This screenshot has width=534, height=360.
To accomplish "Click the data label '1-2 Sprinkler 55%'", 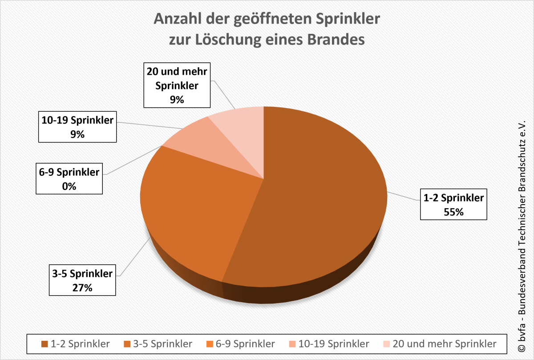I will pos(453,205).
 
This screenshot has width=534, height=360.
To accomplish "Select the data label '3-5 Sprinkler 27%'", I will pos(83,280).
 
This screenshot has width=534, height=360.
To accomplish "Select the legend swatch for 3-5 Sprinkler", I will pos(127,344).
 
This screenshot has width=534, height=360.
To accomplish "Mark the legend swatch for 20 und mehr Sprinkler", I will pos(386,344).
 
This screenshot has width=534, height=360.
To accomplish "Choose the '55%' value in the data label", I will pos(453,212).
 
